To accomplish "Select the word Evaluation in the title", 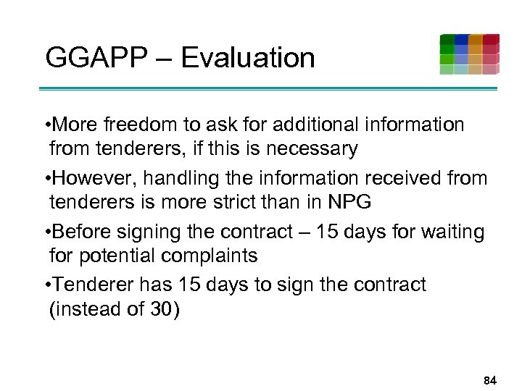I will pos(248,57).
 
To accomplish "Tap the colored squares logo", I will pos(469,54).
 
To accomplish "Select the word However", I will pos(92,177).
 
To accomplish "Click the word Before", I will pos(83,231).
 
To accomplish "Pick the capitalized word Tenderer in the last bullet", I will pos(92,284).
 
